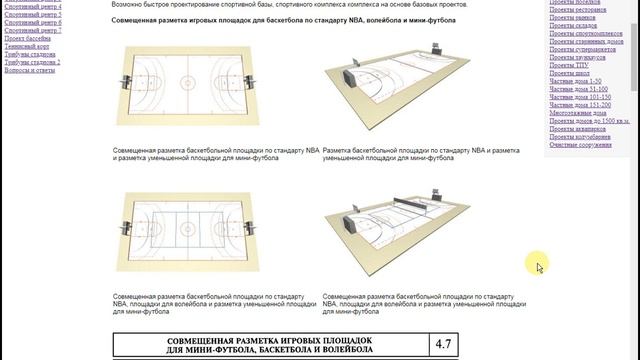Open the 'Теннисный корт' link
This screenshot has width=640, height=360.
pyautogui.click(x=28, y=46)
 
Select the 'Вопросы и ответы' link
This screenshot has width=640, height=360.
pyautogui.click(x=31, y=70)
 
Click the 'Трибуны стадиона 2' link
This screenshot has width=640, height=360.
pyautogui.click(x=31, y=62)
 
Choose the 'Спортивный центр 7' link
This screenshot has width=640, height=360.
pyautogui.click(x=32, y=30)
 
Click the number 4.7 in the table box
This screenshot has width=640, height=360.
pyautogui.click(x=443, y=345)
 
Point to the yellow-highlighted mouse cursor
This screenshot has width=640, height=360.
pyautogui.click(x=539, y=265)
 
